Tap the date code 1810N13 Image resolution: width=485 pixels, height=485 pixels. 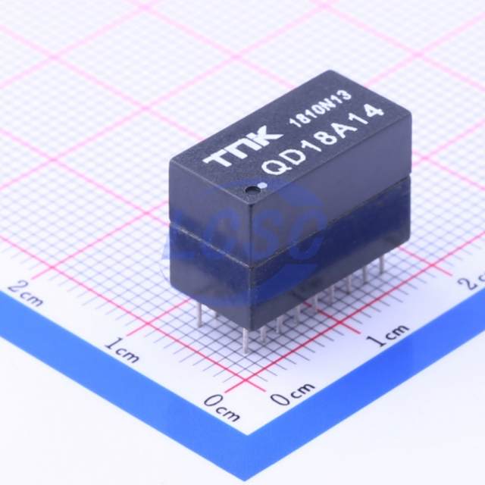coord(320,108)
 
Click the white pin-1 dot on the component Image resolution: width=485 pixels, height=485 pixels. coord(264,185)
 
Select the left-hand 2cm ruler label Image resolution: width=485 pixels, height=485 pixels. coord(24,293)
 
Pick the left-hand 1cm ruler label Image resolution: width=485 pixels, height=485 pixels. coord(122,351)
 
